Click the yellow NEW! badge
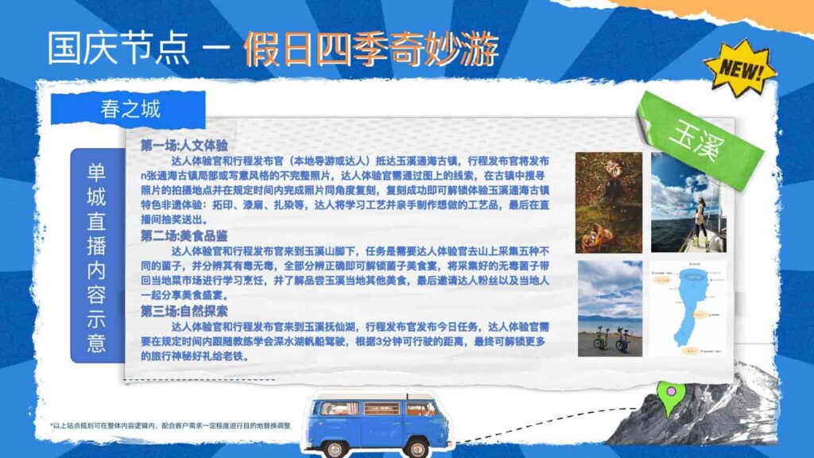tap(742, 68)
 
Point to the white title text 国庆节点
tap(119, 49)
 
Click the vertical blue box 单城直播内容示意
tap(96, 254)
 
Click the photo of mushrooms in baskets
tap(608, 202)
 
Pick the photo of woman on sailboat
tap(684, 202)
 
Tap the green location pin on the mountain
tap(670, 398)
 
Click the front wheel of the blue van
tap(417, 449)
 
